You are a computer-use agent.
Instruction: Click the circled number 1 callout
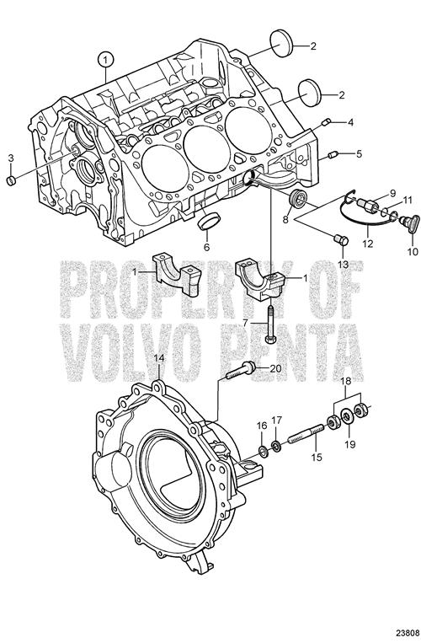click(x=106, y=60)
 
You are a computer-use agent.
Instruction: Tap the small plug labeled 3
click(x=11, y=180)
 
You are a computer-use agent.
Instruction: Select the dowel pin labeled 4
click(x=326, y=122)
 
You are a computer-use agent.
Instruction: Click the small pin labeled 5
click(x=333, y=155)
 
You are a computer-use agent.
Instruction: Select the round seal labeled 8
click(x=297, y=199)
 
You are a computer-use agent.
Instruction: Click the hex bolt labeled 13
click(x=341, y=239)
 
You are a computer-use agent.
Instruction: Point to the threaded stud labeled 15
click(x=306, y=434)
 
